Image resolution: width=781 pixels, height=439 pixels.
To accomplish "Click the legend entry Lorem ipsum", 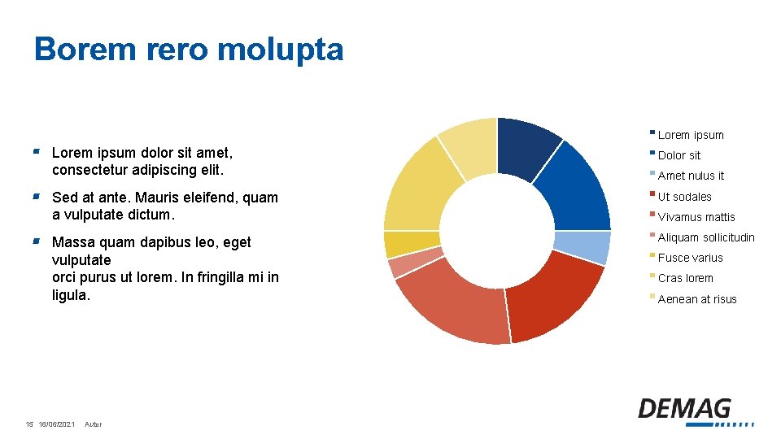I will click(690, 135).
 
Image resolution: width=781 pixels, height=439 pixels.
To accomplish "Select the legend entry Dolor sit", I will click(678, 155).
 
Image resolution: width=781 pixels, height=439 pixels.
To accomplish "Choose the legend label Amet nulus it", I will click(690, 176).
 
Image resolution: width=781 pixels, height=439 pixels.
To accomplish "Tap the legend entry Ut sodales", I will click(684, 197).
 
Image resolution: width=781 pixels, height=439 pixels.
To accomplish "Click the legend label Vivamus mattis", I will click(696, 217).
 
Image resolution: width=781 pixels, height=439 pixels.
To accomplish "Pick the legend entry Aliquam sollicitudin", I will click(705, 237).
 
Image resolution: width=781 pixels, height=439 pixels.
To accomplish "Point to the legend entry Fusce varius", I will click(690, 258).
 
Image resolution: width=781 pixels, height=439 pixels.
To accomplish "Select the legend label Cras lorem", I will click(685, 278).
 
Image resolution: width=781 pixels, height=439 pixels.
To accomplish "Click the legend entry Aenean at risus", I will click(696, 299).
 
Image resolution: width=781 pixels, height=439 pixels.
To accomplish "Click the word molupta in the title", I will click(281, 50).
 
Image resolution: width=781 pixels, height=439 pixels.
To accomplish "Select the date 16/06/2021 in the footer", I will click(56, 424).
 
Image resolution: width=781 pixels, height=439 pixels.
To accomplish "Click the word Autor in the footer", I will click(93, 424).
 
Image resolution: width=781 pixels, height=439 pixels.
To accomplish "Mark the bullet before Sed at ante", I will click(37, 197).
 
